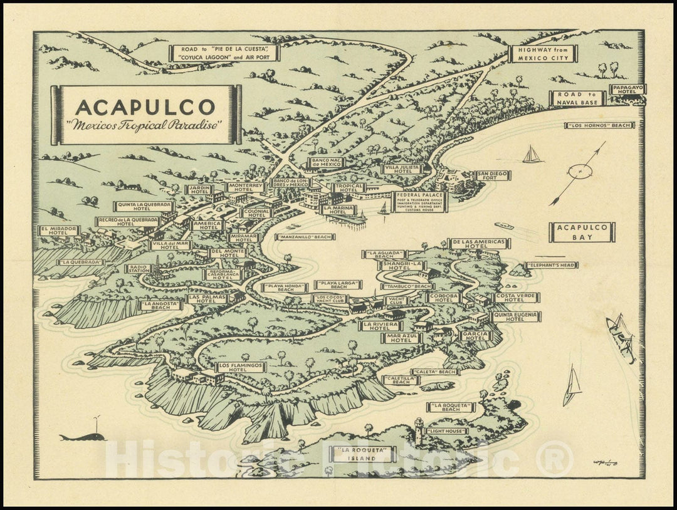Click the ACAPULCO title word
pyautogui.click(x=145, y=107)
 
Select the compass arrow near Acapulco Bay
pyautogui.click(x=579, y=172)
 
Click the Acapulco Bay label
pyautogui.click(x=581, y=232)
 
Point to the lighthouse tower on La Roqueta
pyautogui.click(x=418, y=431)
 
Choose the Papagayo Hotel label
pyautogui.click(x=627, y=90)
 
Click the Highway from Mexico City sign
pyautogui.click(x=543, y=54)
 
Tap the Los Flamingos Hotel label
pyautogui.click(x=241, y=367)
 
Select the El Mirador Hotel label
pyautogui.click(x=59, y=231)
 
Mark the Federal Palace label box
pyautogui.click(x=419, y=202)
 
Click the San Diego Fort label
pyautogui.click(x=492, y=175)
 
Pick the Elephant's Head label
pyautogui.click(x=552, y=265)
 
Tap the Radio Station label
pyautogui.click(x=139, y=268)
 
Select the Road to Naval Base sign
pyautogui.click(x=577, y=98)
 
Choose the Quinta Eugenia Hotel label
pyautogui.click(x=516, y=317)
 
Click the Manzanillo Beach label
pyautogui.click(x=305, y=237)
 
